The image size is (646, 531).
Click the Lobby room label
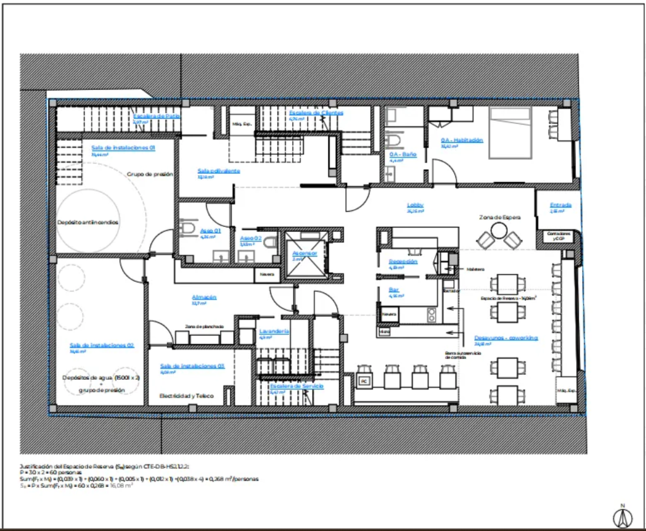(415, 205)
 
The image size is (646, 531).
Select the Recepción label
(403, 261)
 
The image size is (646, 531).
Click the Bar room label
(394, 290)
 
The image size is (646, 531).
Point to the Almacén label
(204, 297)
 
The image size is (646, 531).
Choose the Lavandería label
(274, 331)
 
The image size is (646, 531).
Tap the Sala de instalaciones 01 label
(123, 147)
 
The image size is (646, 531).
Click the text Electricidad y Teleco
(186, 396)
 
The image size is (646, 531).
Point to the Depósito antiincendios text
(88, 223)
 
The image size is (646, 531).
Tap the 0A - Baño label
(403, 154)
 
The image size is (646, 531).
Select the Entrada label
(561, 205)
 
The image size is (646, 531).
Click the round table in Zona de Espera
(499, 230)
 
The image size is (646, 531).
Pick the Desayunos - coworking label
(506, 338)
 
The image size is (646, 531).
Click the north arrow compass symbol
(622, 515)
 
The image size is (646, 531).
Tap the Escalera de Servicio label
(296, 386)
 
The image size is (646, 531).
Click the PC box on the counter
(363, 382)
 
